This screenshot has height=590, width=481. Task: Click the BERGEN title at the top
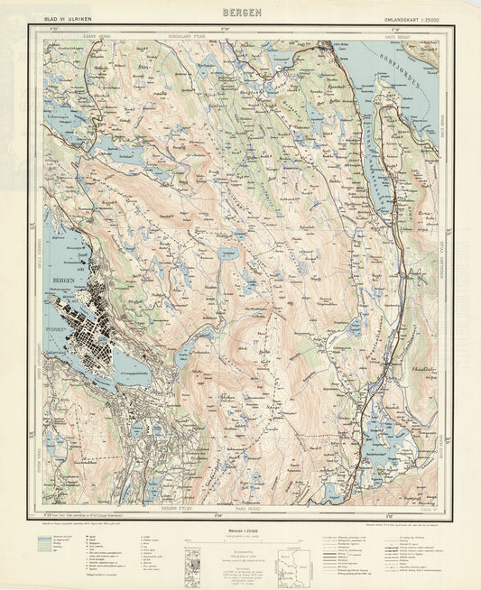point(241,12)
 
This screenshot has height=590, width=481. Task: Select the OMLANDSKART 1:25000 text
point(402,17)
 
